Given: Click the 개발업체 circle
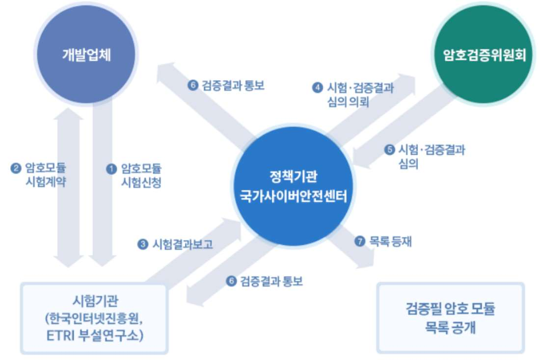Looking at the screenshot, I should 86,54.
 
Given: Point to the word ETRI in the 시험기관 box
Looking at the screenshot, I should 56,336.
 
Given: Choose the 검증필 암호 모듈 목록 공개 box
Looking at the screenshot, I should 450,318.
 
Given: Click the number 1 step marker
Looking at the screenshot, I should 111,169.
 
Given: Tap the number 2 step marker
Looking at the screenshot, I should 15,169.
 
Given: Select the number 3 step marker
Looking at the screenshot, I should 143,244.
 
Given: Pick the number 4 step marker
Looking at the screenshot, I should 317,88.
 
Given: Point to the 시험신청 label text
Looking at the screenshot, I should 141,183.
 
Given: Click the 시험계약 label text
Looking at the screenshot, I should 45,183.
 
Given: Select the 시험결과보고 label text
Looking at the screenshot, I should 183,244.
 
